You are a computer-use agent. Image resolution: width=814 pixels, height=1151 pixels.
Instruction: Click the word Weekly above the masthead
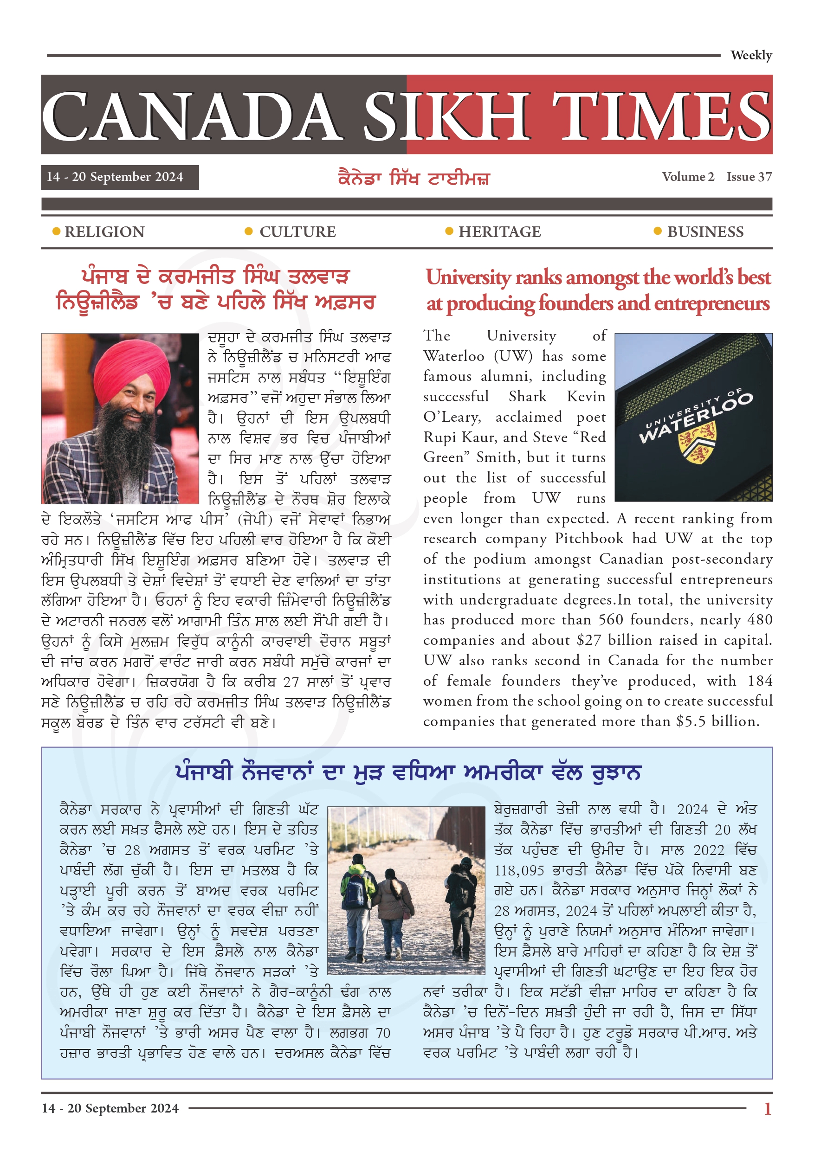(x=750, y=55)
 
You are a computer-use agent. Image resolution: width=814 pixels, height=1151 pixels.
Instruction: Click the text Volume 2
(x=687, y=177)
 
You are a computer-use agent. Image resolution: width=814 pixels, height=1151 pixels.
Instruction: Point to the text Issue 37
(x=749, y=177)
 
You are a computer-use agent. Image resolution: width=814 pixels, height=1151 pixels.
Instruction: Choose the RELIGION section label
(x=104, y=232)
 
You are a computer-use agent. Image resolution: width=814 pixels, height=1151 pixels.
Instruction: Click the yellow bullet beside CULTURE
(x=248, y=231)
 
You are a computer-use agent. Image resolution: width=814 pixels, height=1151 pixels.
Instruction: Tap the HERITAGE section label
(x=499, y=232)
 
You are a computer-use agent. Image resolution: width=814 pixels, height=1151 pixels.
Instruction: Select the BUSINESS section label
(x=704, y=232)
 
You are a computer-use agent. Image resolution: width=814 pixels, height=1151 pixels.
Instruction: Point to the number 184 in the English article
(x=759, y=681)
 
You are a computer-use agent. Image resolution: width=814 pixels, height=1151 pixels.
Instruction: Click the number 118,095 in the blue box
(x=519, y=870)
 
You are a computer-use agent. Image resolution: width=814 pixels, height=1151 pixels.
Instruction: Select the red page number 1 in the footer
(x=767, y=1109)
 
